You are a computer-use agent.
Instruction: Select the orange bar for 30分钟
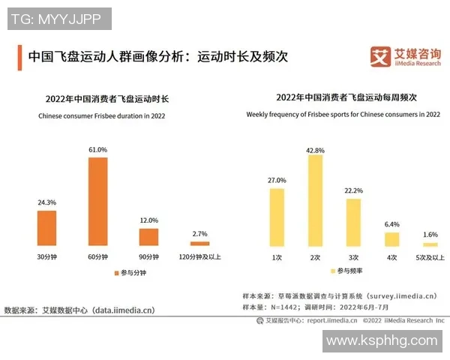[47, 228]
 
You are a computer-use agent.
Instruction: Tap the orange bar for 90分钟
[149, 237]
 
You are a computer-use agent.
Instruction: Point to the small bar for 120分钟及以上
[200, 244]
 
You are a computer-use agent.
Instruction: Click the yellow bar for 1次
[277, 217]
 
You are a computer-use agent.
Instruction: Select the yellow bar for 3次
[353, 223]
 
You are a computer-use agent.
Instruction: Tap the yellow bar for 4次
[391, 239]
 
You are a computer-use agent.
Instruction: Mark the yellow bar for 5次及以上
[430, 244]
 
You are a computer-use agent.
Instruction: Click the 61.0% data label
[98, 150]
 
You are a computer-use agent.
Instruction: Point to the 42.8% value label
[315, 150]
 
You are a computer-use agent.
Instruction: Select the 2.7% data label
[200, 234]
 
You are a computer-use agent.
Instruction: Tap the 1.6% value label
[430, 235]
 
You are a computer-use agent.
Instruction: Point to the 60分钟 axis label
[98, 257]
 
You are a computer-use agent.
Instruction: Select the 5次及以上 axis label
[430, 257]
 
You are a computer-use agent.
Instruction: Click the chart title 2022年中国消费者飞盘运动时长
[107, 98]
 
